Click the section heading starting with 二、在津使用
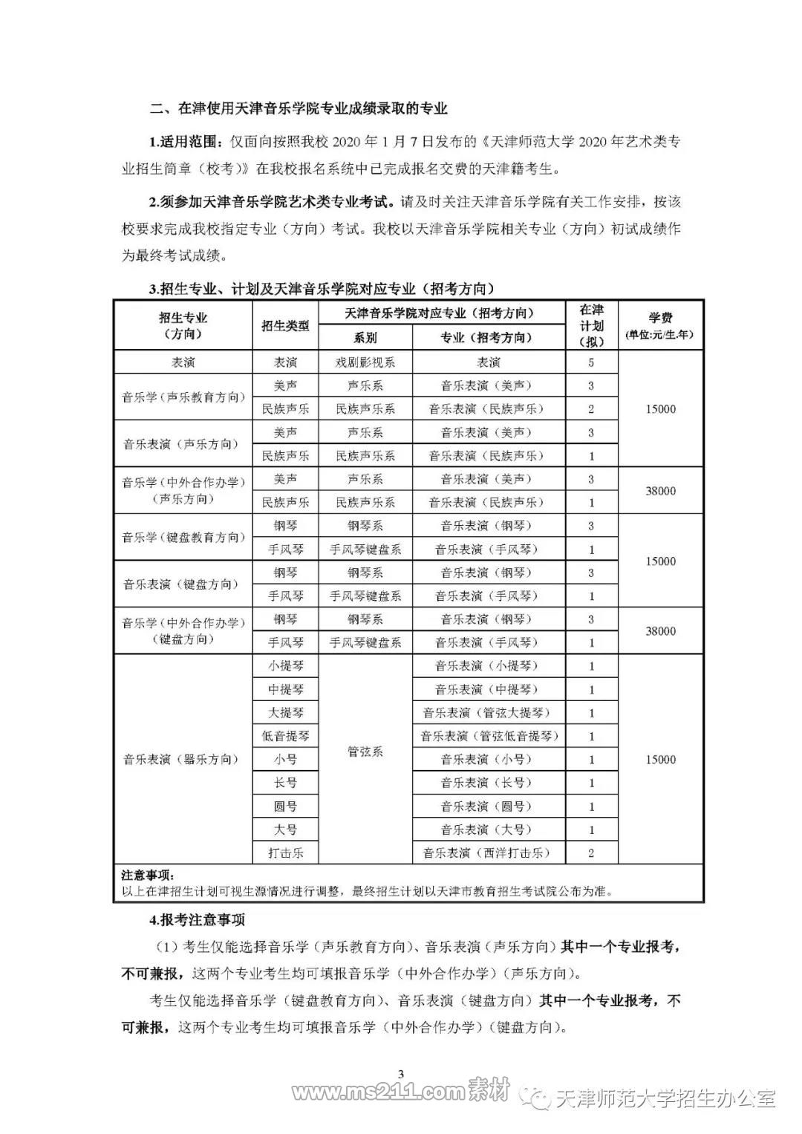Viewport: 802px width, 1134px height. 299,108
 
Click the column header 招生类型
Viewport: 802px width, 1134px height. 285,325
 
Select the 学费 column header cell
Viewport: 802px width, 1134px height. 660,325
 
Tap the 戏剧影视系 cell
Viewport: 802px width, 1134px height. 365,362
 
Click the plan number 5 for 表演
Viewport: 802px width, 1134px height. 591,362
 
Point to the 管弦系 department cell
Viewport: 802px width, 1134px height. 365,752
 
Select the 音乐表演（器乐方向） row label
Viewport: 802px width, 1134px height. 183,759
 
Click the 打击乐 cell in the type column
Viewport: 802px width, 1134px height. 285,853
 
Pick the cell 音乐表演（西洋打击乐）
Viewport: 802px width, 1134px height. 488,853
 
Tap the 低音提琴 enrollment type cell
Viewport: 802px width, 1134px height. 285,736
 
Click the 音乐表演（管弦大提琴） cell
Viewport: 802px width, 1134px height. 488,713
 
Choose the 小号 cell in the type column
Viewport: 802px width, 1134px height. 285,760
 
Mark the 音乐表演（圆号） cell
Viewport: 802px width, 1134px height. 488,806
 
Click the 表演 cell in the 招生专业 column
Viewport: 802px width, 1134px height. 183,362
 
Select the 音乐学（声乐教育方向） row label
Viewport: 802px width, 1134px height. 183,397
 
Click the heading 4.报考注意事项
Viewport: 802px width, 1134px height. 197,920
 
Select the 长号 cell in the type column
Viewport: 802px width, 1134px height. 285,783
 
